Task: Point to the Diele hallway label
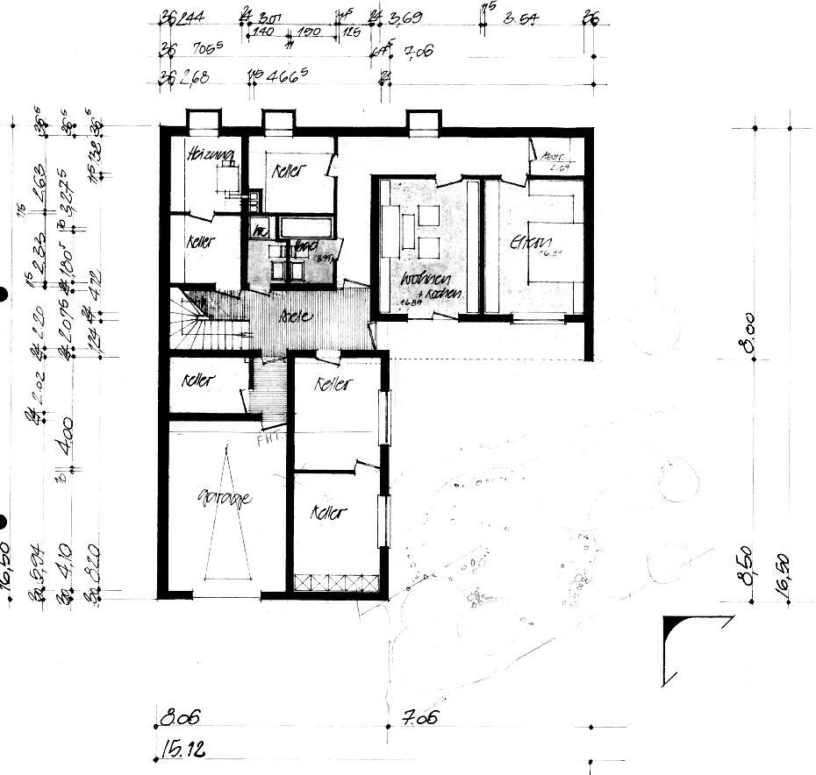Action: pos(295,316)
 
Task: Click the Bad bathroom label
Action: pos(304,245)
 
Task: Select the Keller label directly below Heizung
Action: pos(201,241)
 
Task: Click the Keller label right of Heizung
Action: pos(287,170)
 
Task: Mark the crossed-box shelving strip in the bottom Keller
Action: pos(336,581)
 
